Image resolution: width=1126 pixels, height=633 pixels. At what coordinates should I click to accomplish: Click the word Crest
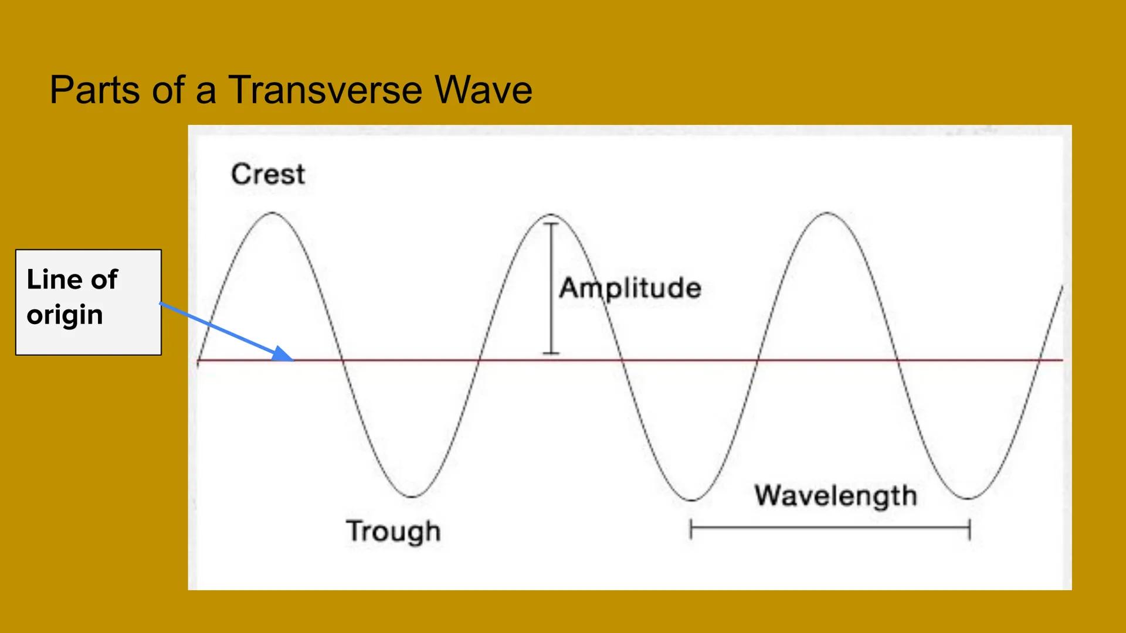[268, 174]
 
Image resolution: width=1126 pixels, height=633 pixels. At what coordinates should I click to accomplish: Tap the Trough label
[393, 531]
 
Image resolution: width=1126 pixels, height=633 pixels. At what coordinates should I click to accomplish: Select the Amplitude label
[630, 288]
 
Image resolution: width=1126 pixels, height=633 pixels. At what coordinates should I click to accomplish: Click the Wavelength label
[835, 496]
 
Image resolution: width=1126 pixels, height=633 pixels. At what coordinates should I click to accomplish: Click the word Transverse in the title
[325, 90]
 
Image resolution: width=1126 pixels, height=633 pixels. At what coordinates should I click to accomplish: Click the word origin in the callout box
[65, 315]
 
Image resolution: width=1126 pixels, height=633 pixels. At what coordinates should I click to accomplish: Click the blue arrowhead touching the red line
[284, 354]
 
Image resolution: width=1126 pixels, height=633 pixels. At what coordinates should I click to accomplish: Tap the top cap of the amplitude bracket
[551, 224]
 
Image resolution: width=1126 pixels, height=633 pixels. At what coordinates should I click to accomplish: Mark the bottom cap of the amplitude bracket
[551, 353]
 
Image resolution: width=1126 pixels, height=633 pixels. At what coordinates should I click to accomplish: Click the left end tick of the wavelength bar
[691, 529]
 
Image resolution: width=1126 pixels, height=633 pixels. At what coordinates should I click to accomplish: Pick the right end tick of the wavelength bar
[969, 529]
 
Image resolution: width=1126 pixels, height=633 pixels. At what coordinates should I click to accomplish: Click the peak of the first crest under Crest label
[273, 213]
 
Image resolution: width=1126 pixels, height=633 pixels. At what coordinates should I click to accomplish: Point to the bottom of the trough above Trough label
[412, 497]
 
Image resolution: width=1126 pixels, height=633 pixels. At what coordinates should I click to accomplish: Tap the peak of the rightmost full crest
[827, 213]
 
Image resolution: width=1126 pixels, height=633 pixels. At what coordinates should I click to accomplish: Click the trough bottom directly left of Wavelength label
[691, 500]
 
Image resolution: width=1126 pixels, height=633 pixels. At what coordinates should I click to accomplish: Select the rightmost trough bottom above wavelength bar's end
[968, 499]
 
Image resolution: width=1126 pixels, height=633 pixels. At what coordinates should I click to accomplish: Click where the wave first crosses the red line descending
[342, 360]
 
